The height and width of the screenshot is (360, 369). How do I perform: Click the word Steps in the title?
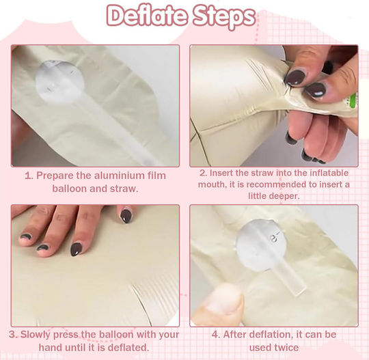tap(223, 17)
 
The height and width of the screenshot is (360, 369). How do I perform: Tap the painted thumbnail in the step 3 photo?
tap(126, 217)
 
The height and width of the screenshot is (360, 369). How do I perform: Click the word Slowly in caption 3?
tap(35, 334)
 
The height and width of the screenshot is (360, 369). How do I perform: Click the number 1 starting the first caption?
tap(29, 176)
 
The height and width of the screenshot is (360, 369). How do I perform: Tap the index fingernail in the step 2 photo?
tap(295, 78)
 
